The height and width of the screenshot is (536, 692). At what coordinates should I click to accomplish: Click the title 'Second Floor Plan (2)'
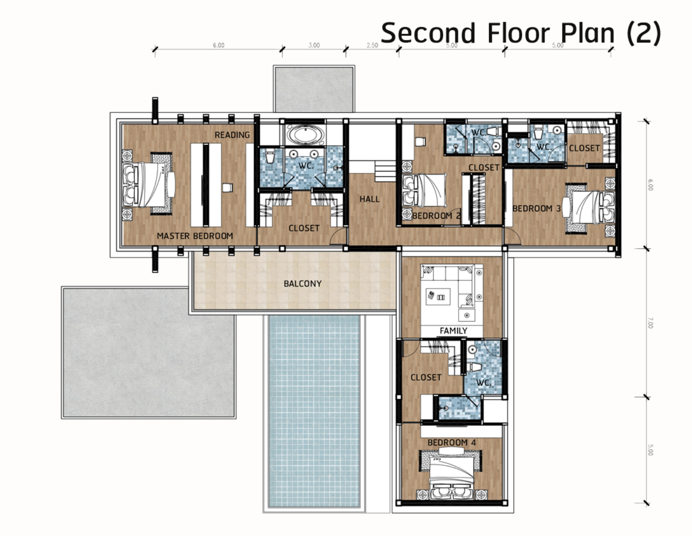pos(521,33)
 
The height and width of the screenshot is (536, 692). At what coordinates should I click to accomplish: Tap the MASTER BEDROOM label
pos(195,236)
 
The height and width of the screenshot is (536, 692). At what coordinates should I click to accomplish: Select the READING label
pos(232,135)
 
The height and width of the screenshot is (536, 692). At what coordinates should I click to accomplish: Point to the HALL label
pos(370,199)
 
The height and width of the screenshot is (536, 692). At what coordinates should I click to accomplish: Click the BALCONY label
pos(303,284)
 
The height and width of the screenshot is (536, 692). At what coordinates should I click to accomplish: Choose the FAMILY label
pos(453,331)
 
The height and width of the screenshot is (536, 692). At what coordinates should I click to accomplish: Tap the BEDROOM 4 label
pos(452,442)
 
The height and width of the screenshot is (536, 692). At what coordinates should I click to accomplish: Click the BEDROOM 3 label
pos(536,208)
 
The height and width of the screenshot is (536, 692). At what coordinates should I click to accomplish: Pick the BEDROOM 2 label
pos(436,216)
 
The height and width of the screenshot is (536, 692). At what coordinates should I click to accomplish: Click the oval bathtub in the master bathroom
pos(305,135)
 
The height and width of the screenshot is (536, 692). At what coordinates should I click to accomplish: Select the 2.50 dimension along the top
pos(372,45)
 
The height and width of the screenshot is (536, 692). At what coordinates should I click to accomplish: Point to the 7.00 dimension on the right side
pos(650,323)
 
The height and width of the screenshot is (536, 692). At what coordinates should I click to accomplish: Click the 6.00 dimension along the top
pos(219,45)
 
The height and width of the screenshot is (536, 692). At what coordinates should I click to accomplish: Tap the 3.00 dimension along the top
pos(314,45)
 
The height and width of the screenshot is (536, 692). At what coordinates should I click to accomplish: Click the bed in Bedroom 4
pos(452,477)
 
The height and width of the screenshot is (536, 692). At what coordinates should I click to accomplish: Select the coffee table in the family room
pos(438,297)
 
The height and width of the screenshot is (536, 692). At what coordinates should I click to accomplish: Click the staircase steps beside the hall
pos(385,171)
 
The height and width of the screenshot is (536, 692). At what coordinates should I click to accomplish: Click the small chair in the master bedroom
pos(227,188)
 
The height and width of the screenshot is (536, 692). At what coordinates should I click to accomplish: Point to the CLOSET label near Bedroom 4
pos(426,377)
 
